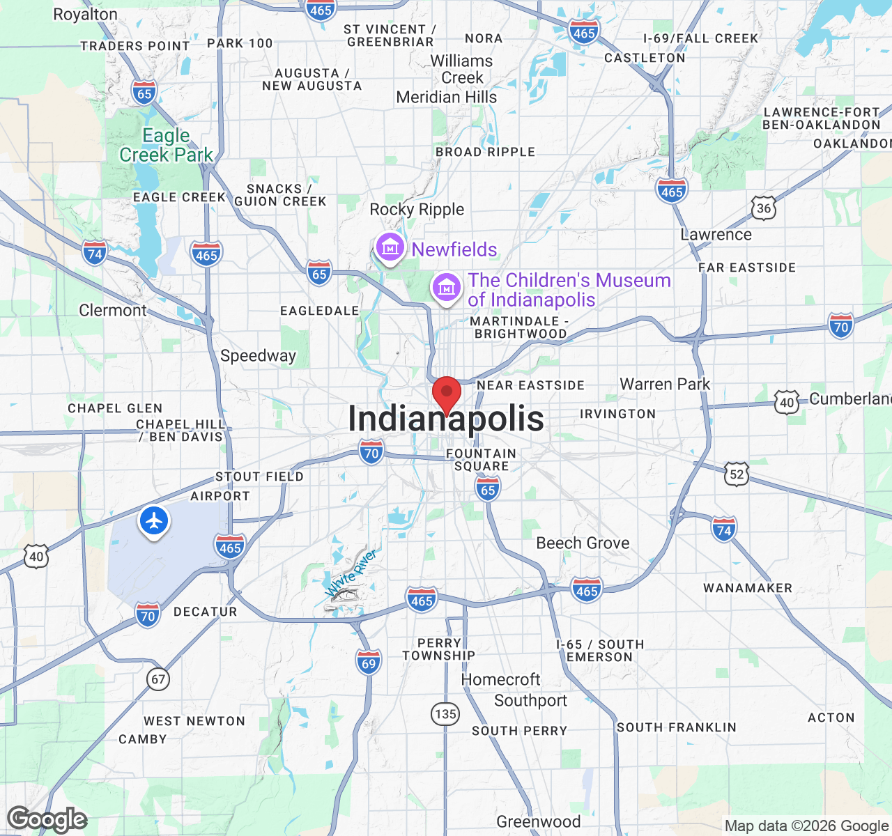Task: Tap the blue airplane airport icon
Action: click(x=154, y=520)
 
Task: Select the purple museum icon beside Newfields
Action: click(x=390, y=247)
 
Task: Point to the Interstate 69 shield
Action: click(x=369, y=663)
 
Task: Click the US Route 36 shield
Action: click(x=764, y=208)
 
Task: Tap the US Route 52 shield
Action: click(x=737, y=475)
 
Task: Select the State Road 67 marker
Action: click(x=158, y=679)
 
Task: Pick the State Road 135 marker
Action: click(x=445, y=713)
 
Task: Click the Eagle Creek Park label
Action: click(x=166, y=145)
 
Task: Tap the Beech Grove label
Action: click(x=583, y=543)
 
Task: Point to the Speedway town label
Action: click(x=258, y=355)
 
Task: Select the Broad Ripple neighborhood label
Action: click(x=485, y=152)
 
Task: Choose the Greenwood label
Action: click(x=538, y=822)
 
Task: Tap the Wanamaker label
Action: click(x=748, y=588)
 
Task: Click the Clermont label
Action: click(x=113, y=310)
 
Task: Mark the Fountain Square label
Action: click(x=481, y=459)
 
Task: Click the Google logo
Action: click(x=47, y=820)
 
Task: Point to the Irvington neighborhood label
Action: click(x=617, y=414)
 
